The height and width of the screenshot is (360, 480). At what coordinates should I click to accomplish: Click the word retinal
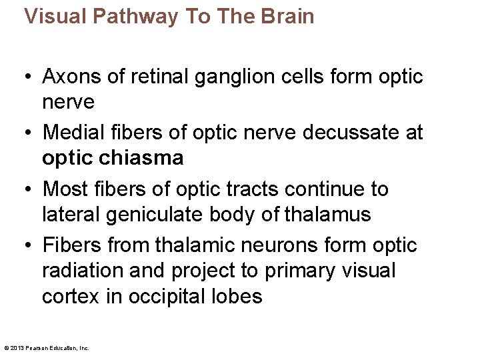click(x=154, y=77)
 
